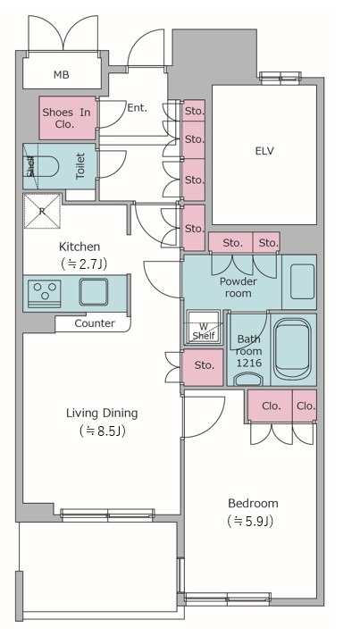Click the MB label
(x=62, y=75)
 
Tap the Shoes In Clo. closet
(x=68, y=118)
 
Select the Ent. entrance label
(x=137, y=108)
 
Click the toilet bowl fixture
(x=43, y=166)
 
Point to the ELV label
(x=264, y=151)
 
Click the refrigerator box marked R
(x=42, y=211)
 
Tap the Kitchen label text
(x=80, y=247)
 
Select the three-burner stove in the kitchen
(x=45, y=291)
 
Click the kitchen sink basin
(x=94, y=291)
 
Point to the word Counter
(x=95, y=323)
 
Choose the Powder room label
(x=238, y=287)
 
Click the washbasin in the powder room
(x=302, y=281)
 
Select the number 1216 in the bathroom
(x=249, y=364)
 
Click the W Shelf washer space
(x=204, y=328)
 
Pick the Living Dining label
(x=102, y=414)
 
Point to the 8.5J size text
(x=103, y=431)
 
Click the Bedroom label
(x=253, y=504)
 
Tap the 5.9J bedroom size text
(x=250, y=521)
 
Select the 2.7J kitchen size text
(x=84, y=264)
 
